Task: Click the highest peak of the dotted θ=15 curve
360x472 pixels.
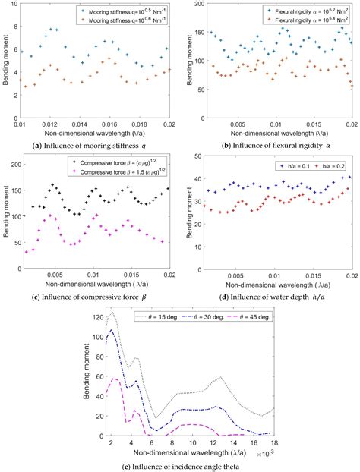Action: click(112, 312)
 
